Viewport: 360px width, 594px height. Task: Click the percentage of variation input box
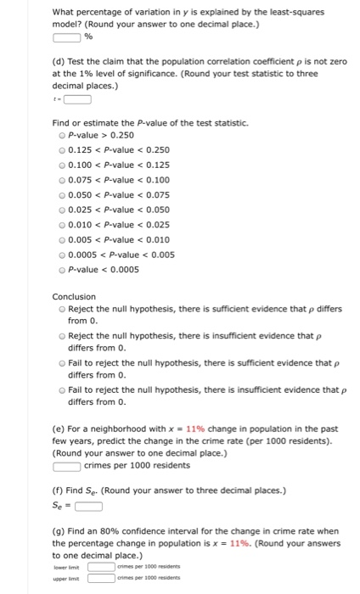point(66,37)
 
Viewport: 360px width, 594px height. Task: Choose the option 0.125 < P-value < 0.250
point(59,148)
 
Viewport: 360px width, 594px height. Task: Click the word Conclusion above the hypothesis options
point(74,297)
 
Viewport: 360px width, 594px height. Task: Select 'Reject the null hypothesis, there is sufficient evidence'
point(59,310)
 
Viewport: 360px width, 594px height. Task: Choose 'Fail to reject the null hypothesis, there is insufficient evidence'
point(59,391)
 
